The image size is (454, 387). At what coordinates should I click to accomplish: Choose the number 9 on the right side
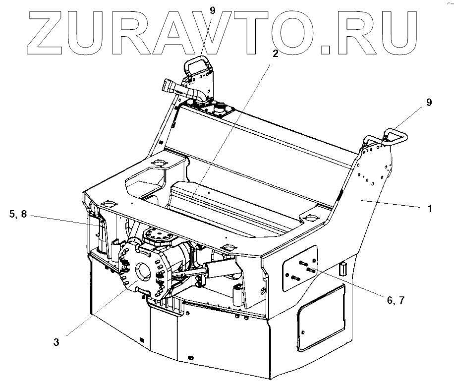(429, 103)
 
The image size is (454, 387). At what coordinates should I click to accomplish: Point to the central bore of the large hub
(143, 271)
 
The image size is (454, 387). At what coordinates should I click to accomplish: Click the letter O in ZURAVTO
(287, 32)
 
